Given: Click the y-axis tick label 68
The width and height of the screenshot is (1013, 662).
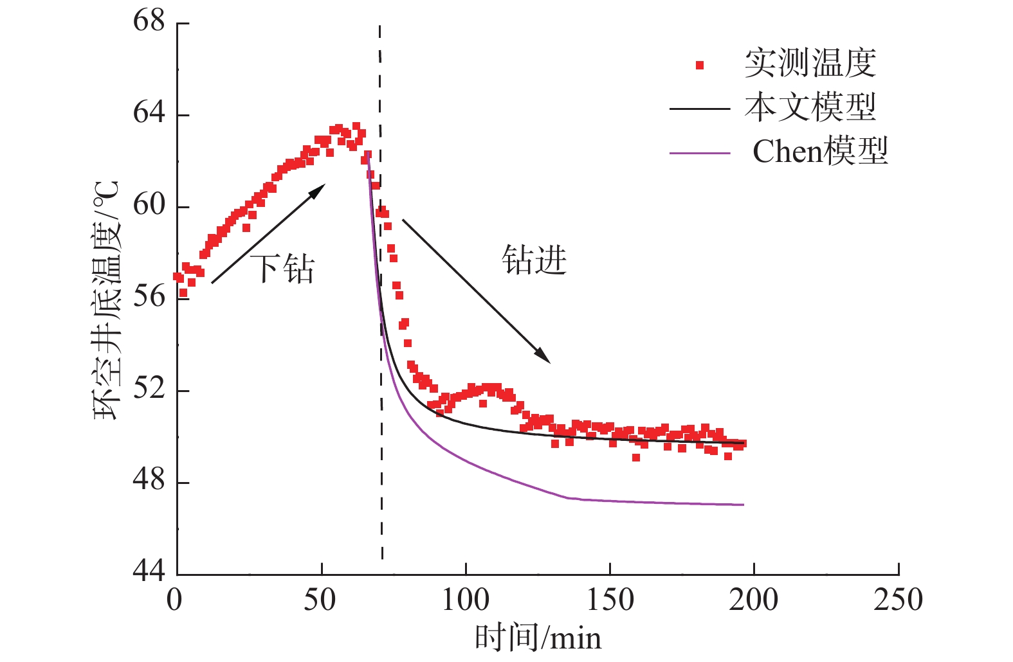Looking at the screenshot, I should pyautogui.click(x=149, y=21).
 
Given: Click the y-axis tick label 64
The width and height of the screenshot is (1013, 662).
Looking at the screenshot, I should pyautogui.click(x=149, y=113).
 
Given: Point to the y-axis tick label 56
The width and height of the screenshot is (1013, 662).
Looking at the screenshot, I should pyautogui.click(x=149, y=297).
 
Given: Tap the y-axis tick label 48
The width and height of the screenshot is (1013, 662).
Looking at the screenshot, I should pyautogui.click(x=149, y=481).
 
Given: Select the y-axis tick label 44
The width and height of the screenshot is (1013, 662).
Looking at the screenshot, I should pyautogui.click(x=149, y=571).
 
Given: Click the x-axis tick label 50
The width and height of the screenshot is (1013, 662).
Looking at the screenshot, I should pyautogui.click(x=320, y=600).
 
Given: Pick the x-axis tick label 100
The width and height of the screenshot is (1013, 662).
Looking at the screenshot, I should pyautogui.click(x=465, y=600).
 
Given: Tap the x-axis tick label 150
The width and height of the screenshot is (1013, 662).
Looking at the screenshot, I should pyautogui.click(x=610, y=600).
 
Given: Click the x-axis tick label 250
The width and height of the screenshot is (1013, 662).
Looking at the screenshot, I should pyautogui.click(x=898, y=600).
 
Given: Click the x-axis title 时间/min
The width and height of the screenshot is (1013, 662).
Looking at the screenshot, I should pyautogui.click(x=538, y=638).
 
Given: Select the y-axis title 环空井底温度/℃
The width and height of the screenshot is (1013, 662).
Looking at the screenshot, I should pyautogui.click(x=107, y=301).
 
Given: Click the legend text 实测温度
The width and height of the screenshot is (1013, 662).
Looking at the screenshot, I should pyautogui.click(x=810, y=64).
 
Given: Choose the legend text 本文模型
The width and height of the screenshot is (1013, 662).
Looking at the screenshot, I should pyautogui.click(x=810, y=107).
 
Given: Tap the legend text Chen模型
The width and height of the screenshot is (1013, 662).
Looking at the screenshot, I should pyautogui.click(x=820, y=152).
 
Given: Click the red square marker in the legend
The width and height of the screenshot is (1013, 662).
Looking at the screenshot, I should pyautogui.click(x=700, y=65).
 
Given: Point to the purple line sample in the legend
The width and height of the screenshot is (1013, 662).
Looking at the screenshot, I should pyautogui.click(x=700, y=154).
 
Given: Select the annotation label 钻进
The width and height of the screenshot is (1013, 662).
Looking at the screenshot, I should pyautogui.click(x=534, y=260).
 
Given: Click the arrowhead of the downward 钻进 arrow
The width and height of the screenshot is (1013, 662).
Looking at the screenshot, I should pyautogui.click(x=544, y=357).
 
